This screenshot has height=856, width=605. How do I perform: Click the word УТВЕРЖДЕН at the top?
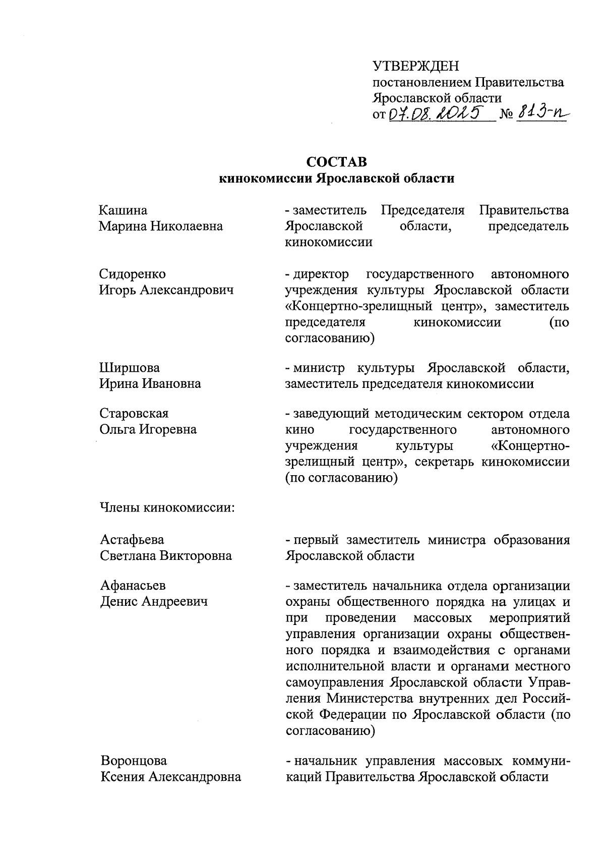(415, 66)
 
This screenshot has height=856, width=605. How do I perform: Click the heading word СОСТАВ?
(337, 162)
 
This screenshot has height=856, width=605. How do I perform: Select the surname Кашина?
(124, 210)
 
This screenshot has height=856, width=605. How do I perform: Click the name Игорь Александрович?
(166, 290)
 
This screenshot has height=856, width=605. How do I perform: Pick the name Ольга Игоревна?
(148, 429)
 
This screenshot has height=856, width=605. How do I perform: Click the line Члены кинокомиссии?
(167, 507)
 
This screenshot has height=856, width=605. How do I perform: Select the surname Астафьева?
(132, 540)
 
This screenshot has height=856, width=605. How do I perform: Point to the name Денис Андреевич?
(154, 601)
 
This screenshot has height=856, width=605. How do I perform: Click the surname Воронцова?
(134, 760)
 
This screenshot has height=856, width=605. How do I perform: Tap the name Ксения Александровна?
(170, 777)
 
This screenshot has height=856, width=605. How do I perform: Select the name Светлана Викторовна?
(166, 556)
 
